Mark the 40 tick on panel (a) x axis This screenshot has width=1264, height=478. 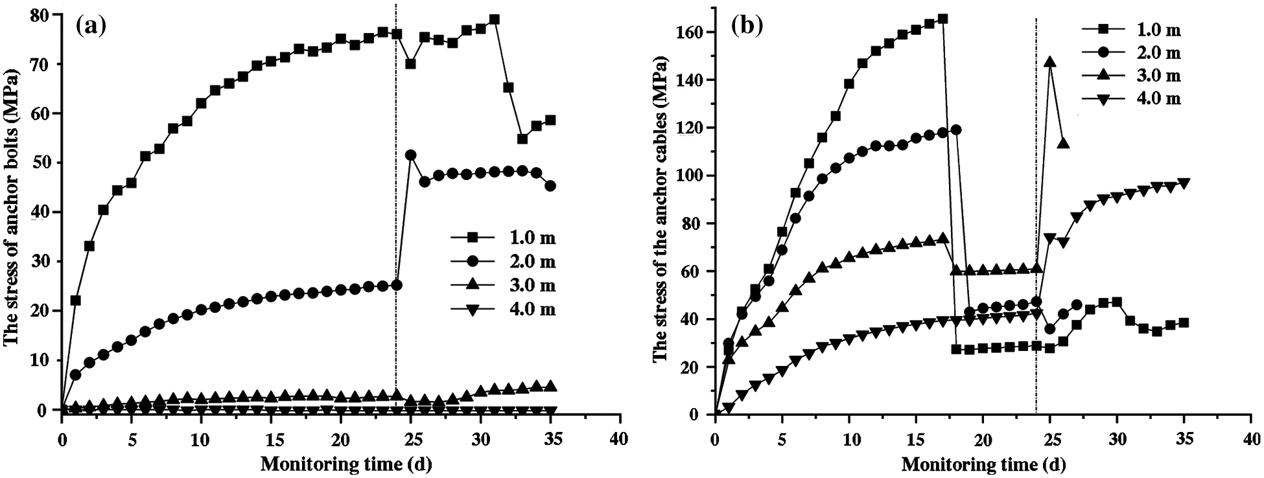(619, 439)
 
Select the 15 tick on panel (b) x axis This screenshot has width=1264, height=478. (915, 439)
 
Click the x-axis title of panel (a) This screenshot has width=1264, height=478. (345, 464)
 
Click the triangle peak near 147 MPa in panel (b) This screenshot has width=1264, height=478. (1049, 62)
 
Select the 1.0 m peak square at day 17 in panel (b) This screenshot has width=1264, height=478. (942, 19)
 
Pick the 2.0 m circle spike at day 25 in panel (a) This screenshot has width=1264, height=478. (410, 155)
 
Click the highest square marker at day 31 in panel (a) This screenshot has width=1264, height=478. (494, 19)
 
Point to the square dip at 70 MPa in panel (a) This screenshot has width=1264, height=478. (410, 63)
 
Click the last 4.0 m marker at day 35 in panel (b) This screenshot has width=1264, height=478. (1184, 183)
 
